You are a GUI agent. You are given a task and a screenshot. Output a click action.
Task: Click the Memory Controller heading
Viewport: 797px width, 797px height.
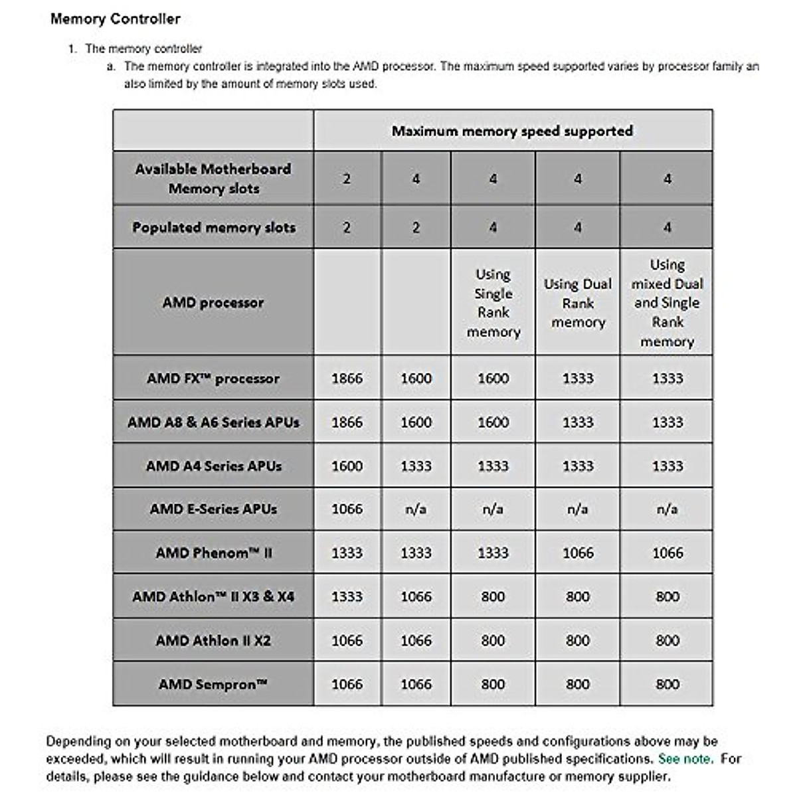115,19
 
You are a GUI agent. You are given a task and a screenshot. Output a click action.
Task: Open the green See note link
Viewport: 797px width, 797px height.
685,758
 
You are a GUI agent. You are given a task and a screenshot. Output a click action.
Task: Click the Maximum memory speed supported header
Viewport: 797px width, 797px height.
512,131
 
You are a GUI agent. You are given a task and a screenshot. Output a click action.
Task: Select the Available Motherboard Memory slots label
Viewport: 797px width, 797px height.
213,179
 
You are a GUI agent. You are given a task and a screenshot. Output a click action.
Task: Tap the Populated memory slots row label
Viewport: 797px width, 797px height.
213,227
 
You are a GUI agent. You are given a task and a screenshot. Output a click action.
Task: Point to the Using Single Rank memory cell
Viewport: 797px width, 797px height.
493,303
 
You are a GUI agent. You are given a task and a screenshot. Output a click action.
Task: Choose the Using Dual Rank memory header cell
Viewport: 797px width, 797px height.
577,303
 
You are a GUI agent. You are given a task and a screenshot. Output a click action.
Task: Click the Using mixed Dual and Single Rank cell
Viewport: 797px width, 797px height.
667,303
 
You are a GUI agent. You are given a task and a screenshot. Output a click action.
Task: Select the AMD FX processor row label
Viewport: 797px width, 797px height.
213,379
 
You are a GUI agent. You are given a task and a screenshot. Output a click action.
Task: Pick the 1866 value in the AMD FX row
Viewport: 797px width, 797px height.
347,379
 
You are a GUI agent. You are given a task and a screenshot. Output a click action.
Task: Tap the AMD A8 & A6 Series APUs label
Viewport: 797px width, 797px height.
213,422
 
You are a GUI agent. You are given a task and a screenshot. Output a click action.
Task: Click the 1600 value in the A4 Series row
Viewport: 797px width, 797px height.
347,466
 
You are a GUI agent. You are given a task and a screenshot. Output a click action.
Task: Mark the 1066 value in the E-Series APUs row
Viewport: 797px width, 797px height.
347,509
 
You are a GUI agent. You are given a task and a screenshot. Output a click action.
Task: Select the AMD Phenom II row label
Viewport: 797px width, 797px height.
213,553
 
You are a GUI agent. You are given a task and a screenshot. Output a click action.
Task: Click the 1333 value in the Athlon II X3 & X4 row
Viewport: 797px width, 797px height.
347,596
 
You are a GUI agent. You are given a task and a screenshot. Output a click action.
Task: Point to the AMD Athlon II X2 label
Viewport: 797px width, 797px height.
213,640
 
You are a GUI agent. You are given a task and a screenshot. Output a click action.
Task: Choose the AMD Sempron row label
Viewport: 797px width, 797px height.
213,684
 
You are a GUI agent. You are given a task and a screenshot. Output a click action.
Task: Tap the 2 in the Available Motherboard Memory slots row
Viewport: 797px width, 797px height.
347,179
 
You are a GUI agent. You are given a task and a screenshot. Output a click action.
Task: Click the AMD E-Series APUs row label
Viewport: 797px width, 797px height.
213,509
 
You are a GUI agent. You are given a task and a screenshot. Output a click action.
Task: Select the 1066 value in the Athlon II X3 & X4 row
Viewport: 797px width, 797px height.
416,596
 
